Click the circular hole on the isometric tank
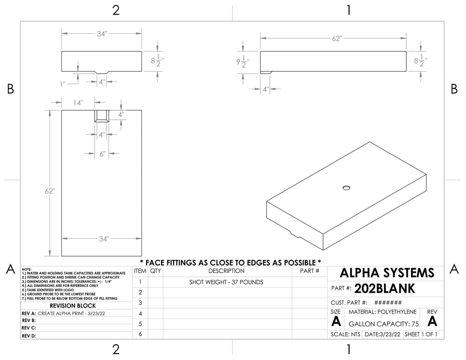click(346, 188)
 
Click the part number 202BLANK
click(385, 289)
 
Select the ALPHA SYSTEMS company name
click(387, 273)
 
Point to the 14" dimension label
click(78, 103)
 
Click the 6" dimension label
click(102, 154)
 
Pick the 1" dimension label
click(63, 84)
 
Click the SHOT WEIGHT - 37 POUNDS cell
click(226, 282)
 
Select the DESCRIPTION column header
click(226, 271)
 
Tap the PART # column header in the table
click(309, 271)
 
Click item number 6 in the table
click(140, 334)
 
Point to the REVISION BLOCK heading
click(73, 305)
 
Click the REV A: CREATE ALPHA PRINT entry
click(63, 313)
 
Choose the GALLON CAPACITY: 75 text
click(383, 324)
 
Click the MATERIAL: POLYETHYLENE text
click(382, 312)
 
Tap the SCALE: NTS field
click(345, 335)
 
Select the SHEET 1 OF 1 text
click(421, 335)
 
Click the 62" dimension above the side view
click(337, 38)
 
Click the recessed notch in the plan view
click(101, 116)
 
